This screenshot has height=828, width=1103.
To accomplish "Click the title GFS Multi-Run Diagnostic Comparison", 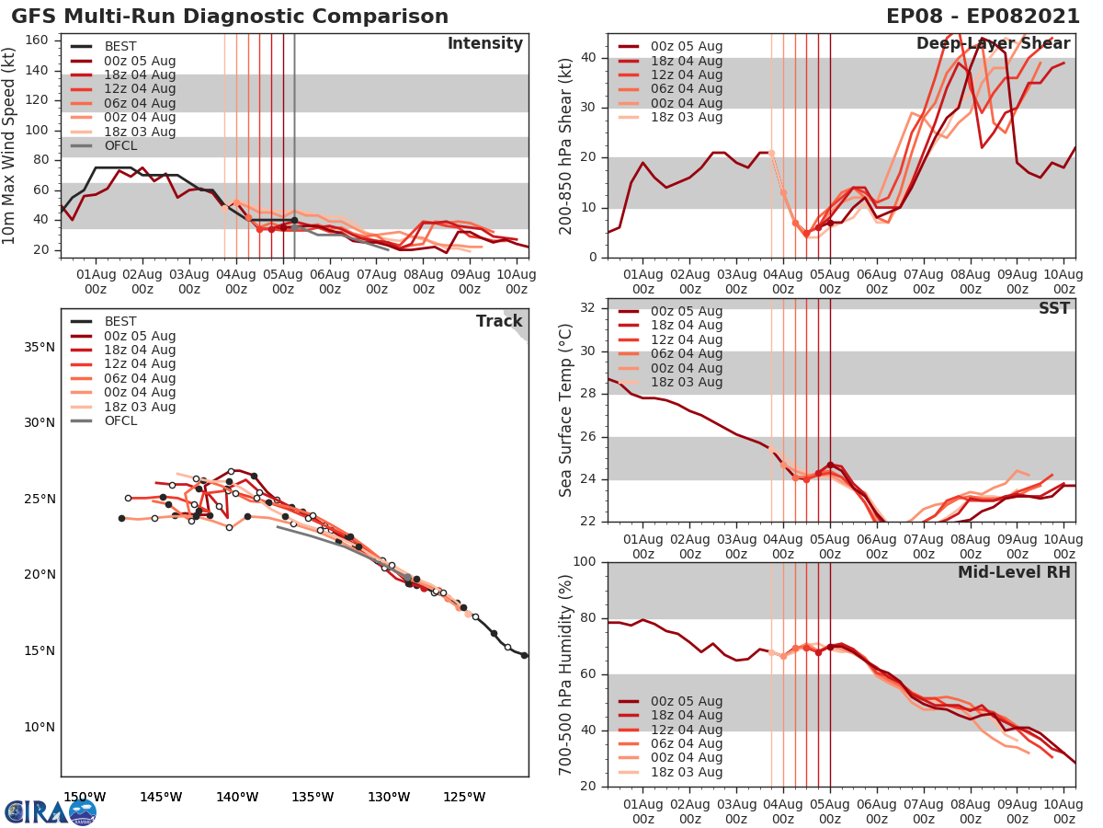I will (230, 17).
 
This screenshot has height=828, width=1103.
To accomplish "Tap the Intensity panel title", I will (484, 44).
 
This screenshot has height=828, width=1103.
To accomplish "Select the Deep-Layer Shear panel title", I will (993, 44).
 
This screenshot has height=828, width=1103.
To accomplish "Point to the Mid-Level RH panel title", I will (1014, 572).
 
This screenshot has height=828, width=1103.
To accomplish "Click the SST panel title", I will (1054, 308).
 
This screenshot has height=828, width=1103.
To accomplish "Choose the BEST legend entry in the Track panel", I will (119, 321).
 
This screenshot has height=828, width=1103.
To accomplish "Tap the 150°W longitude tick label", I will (85, 797).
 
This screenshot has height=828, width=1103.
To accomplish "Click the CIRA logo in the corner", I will (51, 811).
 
